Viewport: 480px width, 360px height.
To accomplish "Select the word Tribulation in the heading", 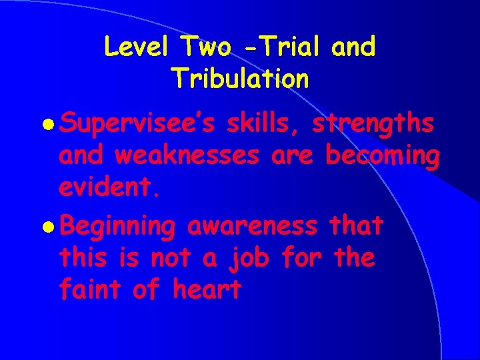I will [240, 79].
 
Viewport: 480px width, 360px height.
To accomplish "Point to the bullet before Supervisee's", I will [52, 125].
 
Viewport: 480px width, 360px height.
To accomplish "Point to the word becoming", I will [381, 157].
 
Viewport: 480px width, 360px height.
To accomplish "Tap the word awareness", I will [252, 225].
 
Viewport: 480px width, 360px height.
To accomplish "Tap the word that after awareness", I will [355, 225].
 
